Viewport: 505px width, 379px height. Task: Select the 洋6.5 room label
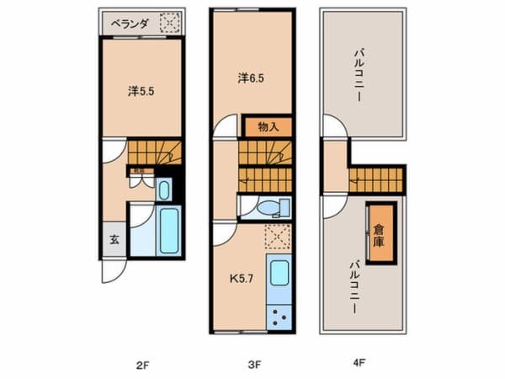(x=250, y=78)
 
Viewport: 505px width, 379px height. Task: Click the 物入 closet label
(x=268, y=127)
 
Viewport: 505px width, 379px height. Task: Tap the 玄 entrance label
(x=112, y=239)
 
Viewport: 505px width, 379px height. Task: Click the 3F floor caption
(x=254, y=365)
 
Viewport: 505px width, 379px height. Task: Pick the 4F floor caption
(x=359, y=365)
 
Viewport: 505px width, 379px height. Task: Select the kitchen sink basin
(x=279, y=274)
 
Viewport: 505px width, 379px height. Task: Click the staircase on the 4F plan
(x=378, y=179)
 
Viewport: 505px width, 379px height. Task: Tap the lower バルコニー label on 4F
(x=356, y=287)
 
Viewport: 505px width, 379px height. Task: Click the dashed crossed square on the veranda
(x=172, y=24)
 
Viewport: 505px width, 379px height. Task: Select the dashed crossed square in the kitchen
(x=275, y=238)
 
